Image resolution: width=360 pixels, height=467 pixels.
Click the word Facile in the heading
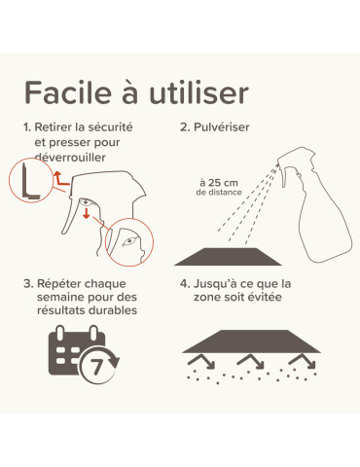coord(68,93)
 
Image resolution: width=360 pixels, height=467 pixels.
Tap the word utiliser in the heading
coord(198,93)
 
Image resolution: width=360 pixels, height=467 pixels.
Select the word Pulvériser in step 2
coord(221,126)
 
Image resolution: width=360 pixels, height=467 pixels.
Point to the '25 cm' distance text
coord(223,183)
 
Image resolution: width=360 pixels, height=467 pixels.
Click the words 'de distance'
coord(219,192)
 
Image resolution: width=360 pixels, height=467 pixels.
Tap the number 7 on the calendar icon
coord(96,367)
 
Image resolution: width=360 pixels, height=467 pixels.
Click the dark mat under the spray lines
coord(228,257)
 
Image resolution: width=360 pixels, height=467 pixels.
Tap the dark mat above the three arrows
coord(252,341)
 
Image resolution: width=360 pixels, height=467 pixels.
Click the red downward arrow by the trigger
coord(86,213)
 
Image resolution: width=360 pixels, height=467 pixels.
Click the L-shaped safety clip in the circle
coord(29,183)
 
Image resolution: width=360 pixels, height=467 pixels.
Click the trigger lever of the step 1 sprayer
coord(71,216)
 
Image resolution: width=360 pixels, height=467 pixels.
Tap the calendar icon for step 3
coord(84,354)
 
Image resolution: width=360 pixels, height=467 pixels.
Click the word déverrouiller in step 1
coord(70,158)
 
